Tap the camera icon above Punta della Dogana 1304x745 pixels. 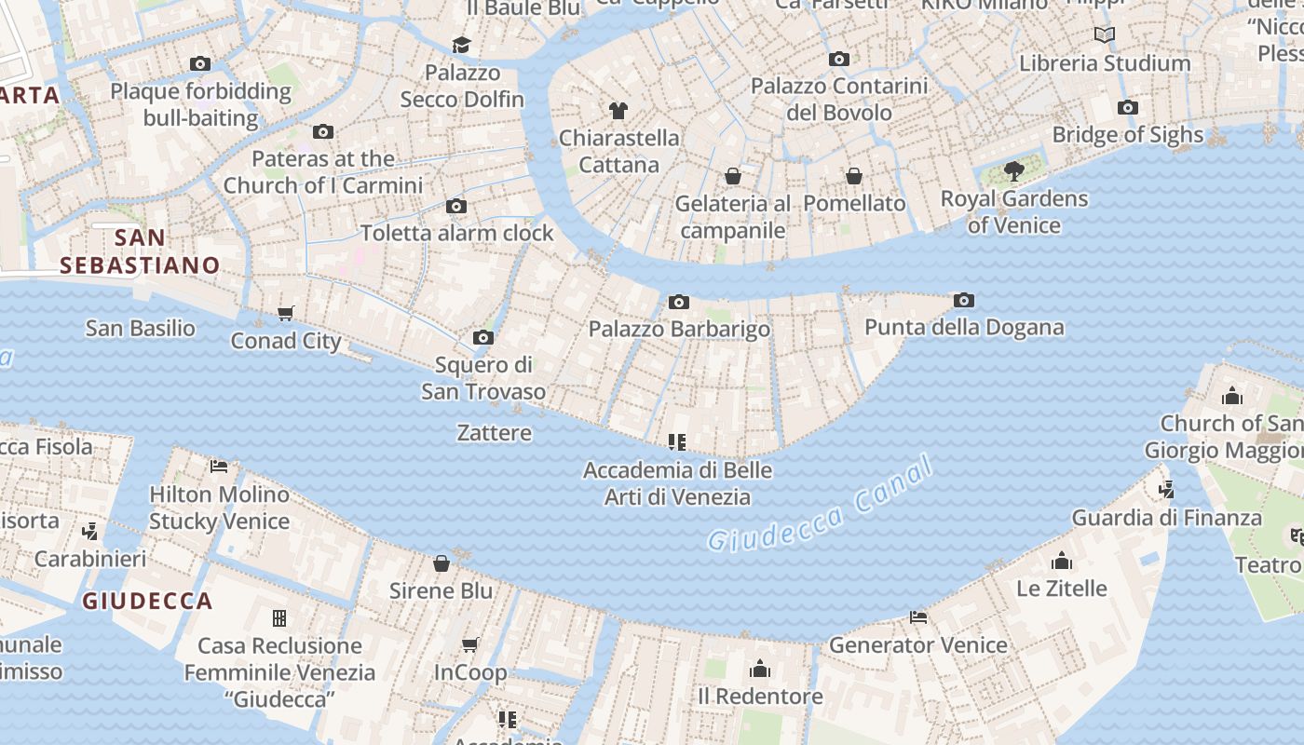pos(964,300)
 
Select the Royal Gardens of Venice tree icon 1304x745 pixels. pos(1013,171)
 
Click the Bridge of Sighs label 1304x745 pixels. pos(1127,135)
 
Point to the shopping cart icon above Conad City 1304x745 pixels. pos(286,314)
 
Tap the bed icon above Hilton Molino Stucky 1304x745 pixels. pos(219,466)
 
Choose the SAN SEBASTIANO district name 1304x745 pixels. pos(140,251)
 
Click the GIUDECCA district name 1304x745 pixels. pos(147,601)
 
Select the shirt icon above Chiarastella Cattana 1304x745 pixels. pos(618,111)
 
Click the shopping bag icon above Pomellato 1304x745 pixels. pos(853,176)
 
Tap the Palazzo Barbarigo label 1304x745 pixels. pos(679,329)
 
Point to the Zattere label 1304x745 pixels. pos(495,432)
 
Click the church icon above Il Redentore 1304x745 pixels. pos(760,669)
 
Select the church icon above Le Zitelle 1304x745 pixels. pos(1061,561)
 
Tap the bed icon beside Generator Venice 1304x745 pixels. pos(918,617)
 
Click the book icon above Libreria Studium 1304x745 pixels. pos(1105,35)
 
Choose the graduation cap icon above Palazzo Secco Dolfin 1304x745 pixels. pos(461,45)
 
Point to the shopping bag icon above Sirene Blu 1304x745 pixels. pos(441,563)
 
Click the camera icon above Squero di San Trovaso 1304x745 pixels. pos(482,337)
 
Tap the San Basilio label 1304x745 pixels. pos(141,328)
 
